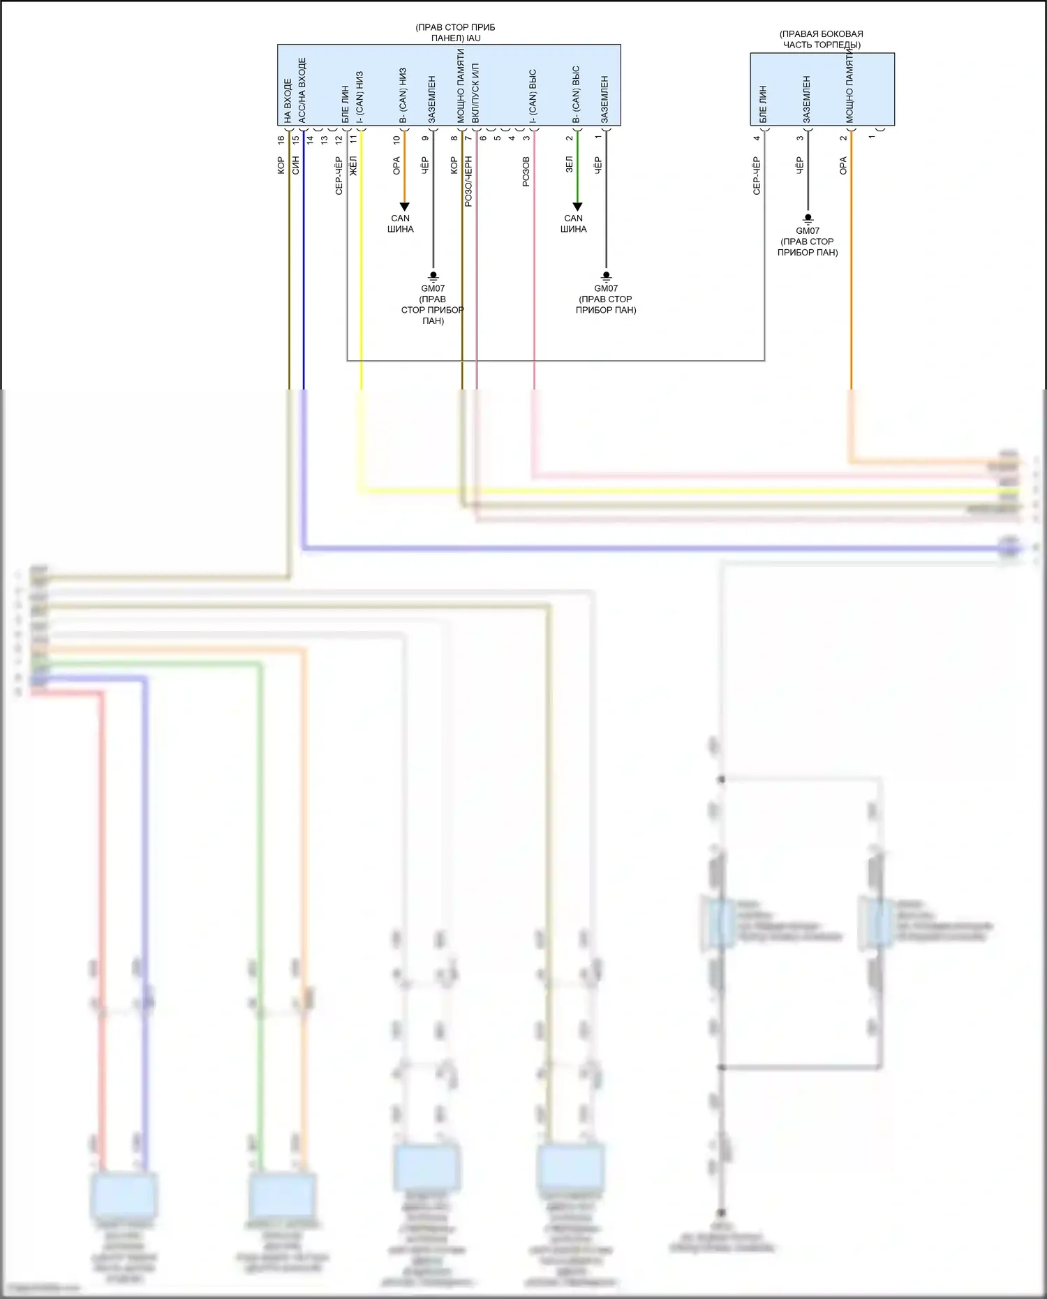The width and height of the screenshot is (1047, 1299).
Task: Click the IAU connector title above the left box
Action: (x=455, y=33)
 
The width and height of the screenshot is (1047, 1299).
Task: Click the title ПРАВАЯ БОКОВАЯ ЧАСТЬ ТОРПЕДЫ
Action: (x=822, y=39)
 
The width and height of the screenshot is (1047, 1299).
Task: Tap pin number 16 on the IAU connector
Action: (x=281, y=140)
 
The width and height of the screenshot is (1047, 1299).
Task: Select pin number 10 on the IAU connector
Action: (x=396, y=140)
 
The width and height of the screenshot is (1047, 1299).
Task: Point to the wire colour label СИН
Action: (x=295, y=166)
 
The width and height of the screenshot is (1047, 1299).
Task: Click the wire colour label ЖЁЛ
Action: (x=353, y=167)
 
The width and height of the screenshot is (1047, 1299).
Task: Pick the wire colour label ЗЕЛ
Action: (x=569, y=165)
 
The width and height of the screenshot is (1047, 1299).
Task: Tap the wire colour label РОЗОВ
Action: (x=526, y=172)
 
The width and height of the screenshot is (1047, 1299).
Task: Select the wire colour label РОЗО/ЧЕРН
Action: (x=468, y=181)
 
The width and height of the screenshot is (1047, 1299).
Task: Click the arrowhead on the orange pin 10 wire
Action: (x=404, y=207)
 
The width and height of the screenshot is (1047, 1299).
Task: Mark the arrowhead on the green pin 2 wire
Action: (x=577, y=207)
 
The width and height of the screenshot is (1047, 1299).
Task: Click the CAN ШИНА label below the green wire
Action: (x=574, y=223)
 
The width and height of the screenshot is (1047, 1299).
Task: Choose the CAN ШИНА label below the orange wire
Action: (x=401, y=223)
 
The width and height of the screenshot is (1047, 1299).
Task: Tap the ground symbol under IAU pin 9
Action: (x=433, y=276)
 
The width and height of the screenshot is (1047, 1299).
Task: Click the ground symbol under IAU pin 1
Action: (x=606, y=276)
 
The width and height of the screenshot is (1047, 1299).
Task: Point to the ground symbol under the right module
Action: (x=808, y=218)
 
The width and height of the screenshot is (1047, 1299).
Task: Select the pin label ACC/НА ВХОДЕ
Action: (x=302, y=90)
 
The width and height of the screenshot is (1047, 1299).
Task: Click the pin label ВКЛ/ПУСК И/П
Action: (x=475, y=93)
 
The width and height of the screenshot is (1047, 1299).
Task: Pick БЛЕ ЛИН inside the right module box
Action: (x=762, y=104)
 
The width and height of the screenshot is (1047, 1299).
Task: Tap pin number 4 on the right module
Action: (x=757, y=138)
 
